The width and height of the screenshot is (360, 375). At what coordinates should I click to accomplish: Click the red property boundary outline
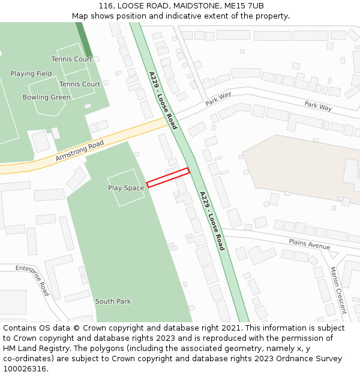click(x=168, y=178)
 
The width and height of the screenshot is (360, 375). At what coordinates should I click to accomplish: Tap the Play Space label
click(x=126, y=188)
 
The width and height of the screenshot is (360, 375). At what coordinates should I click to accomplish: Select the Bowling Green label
click(x=46, y=97)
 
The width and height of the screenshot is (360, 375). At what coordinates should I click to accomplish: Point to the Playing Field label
click(x=31, y=74)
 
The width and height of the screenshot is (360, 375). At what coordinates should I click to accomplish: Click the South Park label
click(x=113, y=301)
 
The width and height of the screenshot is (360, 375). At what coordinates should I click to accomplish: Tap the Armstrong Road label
click(x=80, y=151)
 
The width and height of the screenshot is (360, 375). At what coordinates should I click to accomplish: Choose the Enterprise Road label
click(x=32, y=280)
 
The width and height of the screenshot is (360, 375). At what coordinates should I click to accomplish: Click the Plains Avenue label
click(x=309, y=244)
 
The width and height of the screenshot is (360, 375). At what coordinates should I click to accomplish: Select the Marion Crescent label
click(x=338, y=290)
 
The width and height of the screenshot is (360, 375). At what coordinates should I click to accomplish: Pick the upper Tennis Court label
click(x=71, y=59)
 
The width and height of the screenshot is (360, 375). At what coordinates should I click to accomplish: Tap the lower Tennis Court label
click(x=80, y=84)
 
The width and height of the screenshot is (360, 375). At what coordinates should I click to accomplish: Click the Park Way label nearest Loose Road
click(x=218, y=99)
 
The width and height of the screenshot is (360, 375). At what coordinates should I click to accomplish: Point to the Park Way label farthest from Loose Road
click(x=318, y=106)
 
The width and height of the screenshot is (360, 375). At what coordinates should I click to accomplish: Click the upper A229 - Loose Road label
click(x=163, y=100)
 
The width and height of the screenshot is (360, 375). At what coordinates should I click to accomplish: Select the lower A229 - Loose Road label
click(x=212, y=220)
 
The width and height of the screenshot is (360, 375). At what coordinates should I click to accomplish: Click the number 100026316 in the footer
click(x=25, y=369)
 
